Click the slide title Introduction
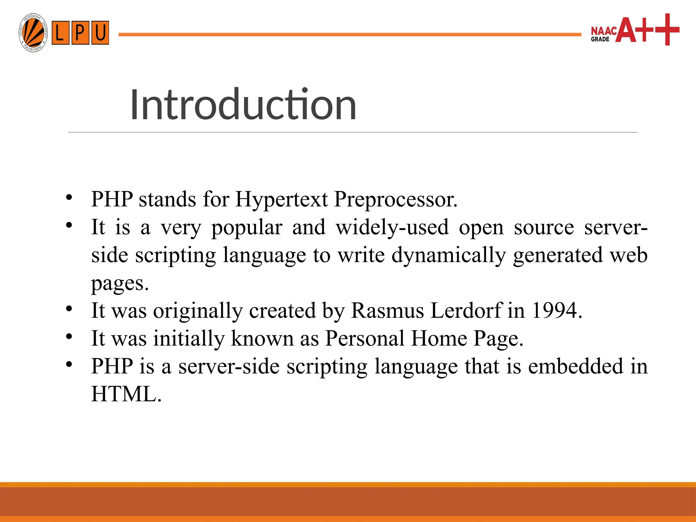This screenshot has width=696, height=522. coord(243,104)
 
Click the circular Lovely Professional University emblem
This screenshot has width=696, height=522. coord(33,33)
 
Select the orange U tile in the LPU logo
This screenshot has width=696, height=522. coord(100,33)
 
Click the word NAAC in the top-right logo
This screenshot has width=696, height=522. coord(604,31)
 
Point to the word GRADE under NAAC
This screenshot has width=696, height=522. coord(600,39)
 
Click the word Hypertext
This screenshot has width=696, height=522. coord(281,199)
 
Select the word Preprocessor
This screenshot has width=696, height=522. coord(396,199)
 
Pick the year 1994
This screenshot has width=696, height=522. coord(557,310)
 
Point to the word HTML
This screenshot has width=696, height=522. coord(126,394)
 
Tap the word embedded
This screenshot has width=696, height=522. coord(575,366)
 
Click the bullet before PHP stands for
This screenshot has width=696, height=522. coord(69,197)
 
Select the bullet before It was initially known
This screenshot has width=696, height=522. coord(69,337)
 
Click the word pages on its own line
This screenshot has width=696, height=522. coord(120,284)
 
